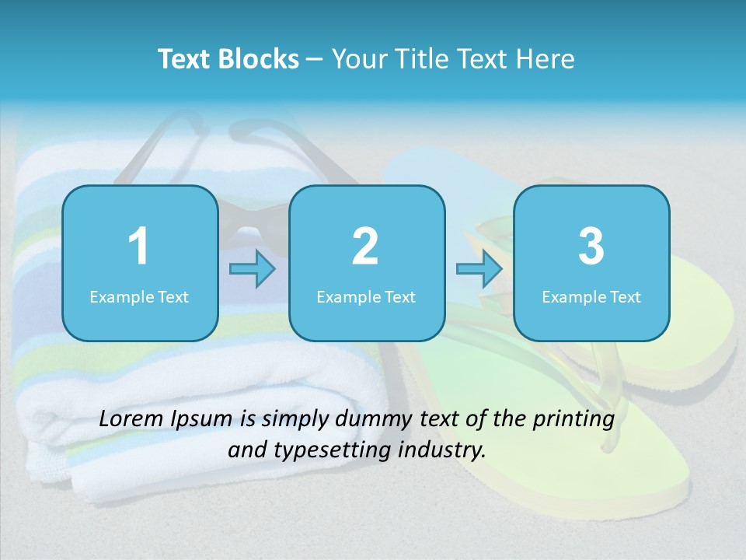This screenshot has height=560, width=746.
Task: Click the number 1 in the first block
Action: (x=138, y=247)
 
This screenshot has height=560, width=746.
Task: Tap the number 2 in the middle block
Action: (x=365, y=247)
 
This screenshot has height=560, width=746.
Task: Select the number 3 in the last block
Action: (x=591, y=247)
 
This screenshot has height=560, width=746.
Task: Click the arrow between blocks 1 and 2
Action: (x=253, y=269)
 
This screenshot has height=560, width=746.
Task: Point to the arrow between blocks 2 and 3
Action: (x=479, y=269)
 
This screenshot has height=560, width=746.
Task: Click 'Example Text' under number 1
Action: (x=139, y=296)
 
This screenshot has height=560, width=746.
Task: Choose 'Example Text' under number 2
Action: (x=366, y=296)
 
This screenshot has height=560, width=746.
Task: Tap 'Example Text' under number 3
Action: (x=591, y=296)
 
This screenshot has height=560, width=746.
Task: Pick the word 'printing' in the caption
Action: (x=573, y=420)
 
